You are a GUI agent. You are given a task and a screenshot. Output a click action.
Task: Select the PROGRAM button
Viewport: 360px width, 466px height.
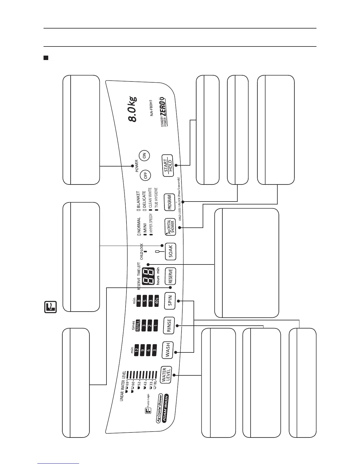(169, 202)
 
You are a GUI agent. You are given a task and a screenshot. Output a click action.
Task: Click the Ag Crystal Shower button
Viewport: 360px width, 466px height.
(170, 227)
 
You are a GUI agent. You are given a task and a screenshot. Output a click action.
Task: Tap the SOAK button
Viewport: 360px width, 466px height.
(170, 252)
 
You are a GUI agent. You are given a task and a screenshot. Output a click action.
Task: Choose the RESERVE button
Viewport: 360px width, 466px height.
(170, 276)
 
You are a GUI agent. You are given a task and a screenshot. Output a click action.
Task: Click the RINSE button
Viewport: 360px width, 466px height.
(169, 325)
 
